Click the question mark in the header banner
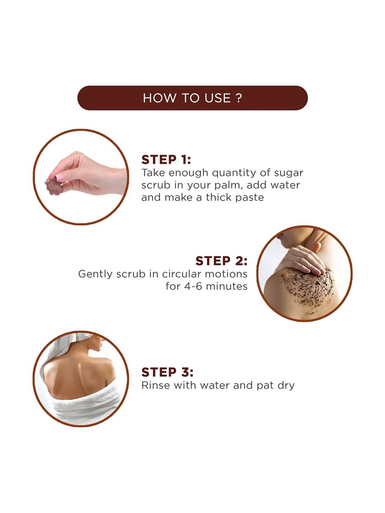pos(239,98)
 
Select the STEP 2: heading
pos(221,261)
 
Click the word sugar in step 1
pos(288,173)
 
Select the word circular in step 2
pos(182,274)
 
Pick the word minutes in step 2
pos(227,286)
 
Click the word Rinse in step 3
pos(156,385)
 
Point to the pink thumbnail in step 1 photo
pos(60,177)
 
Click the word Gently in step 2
pos(95,274)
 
